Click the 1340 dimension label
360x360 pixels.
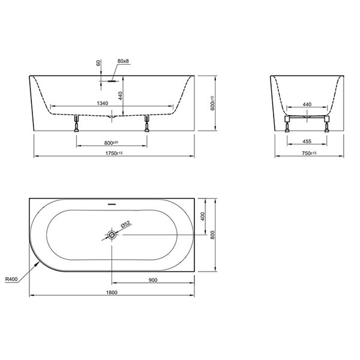103,103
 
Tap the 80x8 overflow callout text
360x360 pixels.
123,61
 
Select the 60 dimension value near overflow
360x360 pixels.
98,62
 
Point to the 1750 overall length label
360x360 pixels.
114,153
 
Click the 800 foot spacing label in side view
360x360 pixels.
111,143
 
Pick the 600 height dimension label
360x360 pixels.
212,103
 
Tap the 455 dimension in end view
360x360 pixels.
307,142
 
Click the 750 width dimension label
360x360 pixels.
309,153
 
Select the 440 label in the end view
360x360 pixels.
307,104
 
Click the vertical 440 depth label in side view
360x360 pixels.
121,96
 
